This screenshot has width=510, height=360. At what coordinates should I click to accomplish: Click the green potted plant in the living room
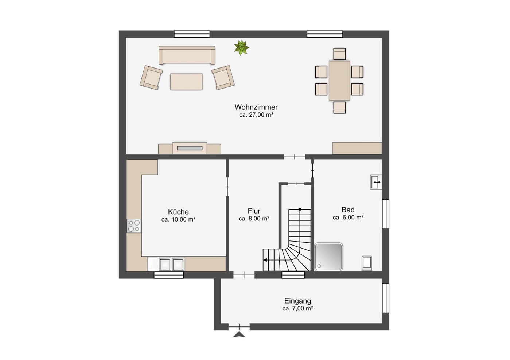(242, 48)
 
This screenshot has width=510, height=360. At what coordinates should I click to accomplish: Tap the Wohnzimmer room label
(256, 107)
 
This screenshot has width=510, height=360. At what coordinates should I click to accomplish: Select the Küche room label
(178, 212)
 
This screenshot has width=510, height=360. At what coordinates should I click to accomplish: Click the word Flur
(254, 211)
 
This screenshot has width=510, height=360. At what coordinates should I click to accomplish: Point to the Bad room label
(348, 210)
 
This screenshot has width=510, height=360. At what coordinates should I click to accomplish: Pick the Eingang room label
(297, 301)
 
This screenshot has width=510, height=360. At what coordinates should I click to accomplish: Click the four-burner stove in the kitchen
(134, 226)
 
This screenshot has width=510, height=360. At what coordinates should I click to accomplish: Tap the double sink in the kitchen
(172, 264)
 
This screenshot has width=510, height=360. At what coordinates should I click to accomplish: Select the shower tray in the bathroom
(328, 257)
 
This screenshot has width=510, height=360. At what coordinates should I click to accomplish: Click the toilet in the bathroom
(367, 263)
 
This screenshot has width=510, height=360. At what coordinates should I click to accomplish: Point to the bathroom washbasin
(376, 182)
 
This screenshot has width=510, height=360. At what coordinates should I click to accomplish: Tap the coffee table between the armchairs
(186, 82)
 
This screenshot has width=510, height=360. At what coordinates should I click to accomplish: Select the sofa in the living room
(187, 55)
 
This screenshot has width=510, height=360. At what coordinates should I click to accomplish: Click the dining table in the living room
(339, 81)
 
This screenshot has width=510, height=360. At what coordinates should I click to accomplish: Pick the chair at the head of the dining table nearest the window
(339, 54)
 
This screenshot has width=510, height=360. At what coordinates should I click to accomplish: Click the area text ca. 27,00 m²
(256, 115)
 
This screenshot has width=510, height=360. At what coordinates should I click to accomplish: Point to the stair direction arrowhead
(265, 260)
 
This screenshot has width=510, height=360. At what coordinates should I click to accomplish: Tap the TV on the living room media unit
(190, 148)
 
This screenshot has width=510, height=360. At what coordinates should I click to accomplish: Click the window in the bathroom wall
(385, 214)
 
